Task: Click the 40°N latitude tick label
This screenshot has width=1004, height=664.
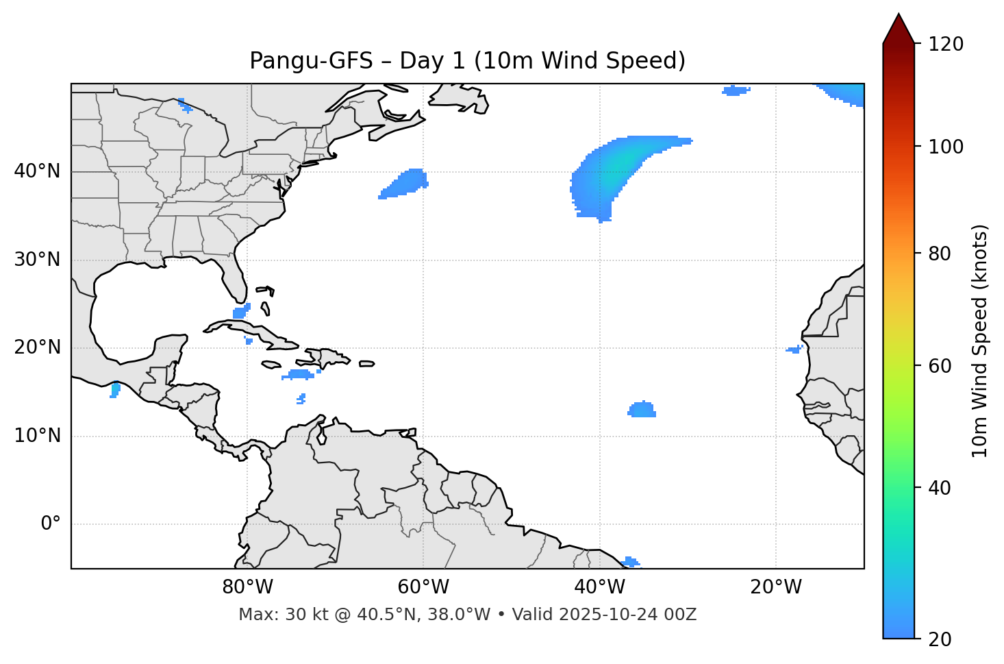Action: pyautogui.click(x=37, y=171)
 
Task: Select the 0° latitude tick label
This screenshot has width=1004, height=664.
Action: pyautogui.click(x=51, y=524)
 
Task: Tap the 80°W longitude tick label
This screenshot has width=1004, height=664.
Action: pyautogui.click(x=247, y=587)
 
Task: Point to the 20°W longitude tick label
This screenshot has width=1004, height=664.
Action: pyautogui.click(x=776, y=587)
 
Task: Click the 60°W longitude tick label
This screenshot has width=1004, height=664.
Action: pyautogui.click(x=423, y=587)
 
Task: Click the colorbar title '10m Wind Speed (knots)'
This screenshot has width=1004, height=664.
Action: pyautogui.click(x=980, y=341)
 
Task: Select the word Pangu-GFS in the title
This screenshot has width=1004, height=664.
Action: pyautogui.click(x=311, y=61)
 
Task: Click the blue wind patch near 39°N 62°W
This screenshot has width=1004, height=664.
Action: pyautogui.click(x=405, y=183)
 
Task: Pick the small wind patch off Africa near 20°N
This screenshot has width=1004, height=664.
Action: pyautogui.click(x=794, y=349)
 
